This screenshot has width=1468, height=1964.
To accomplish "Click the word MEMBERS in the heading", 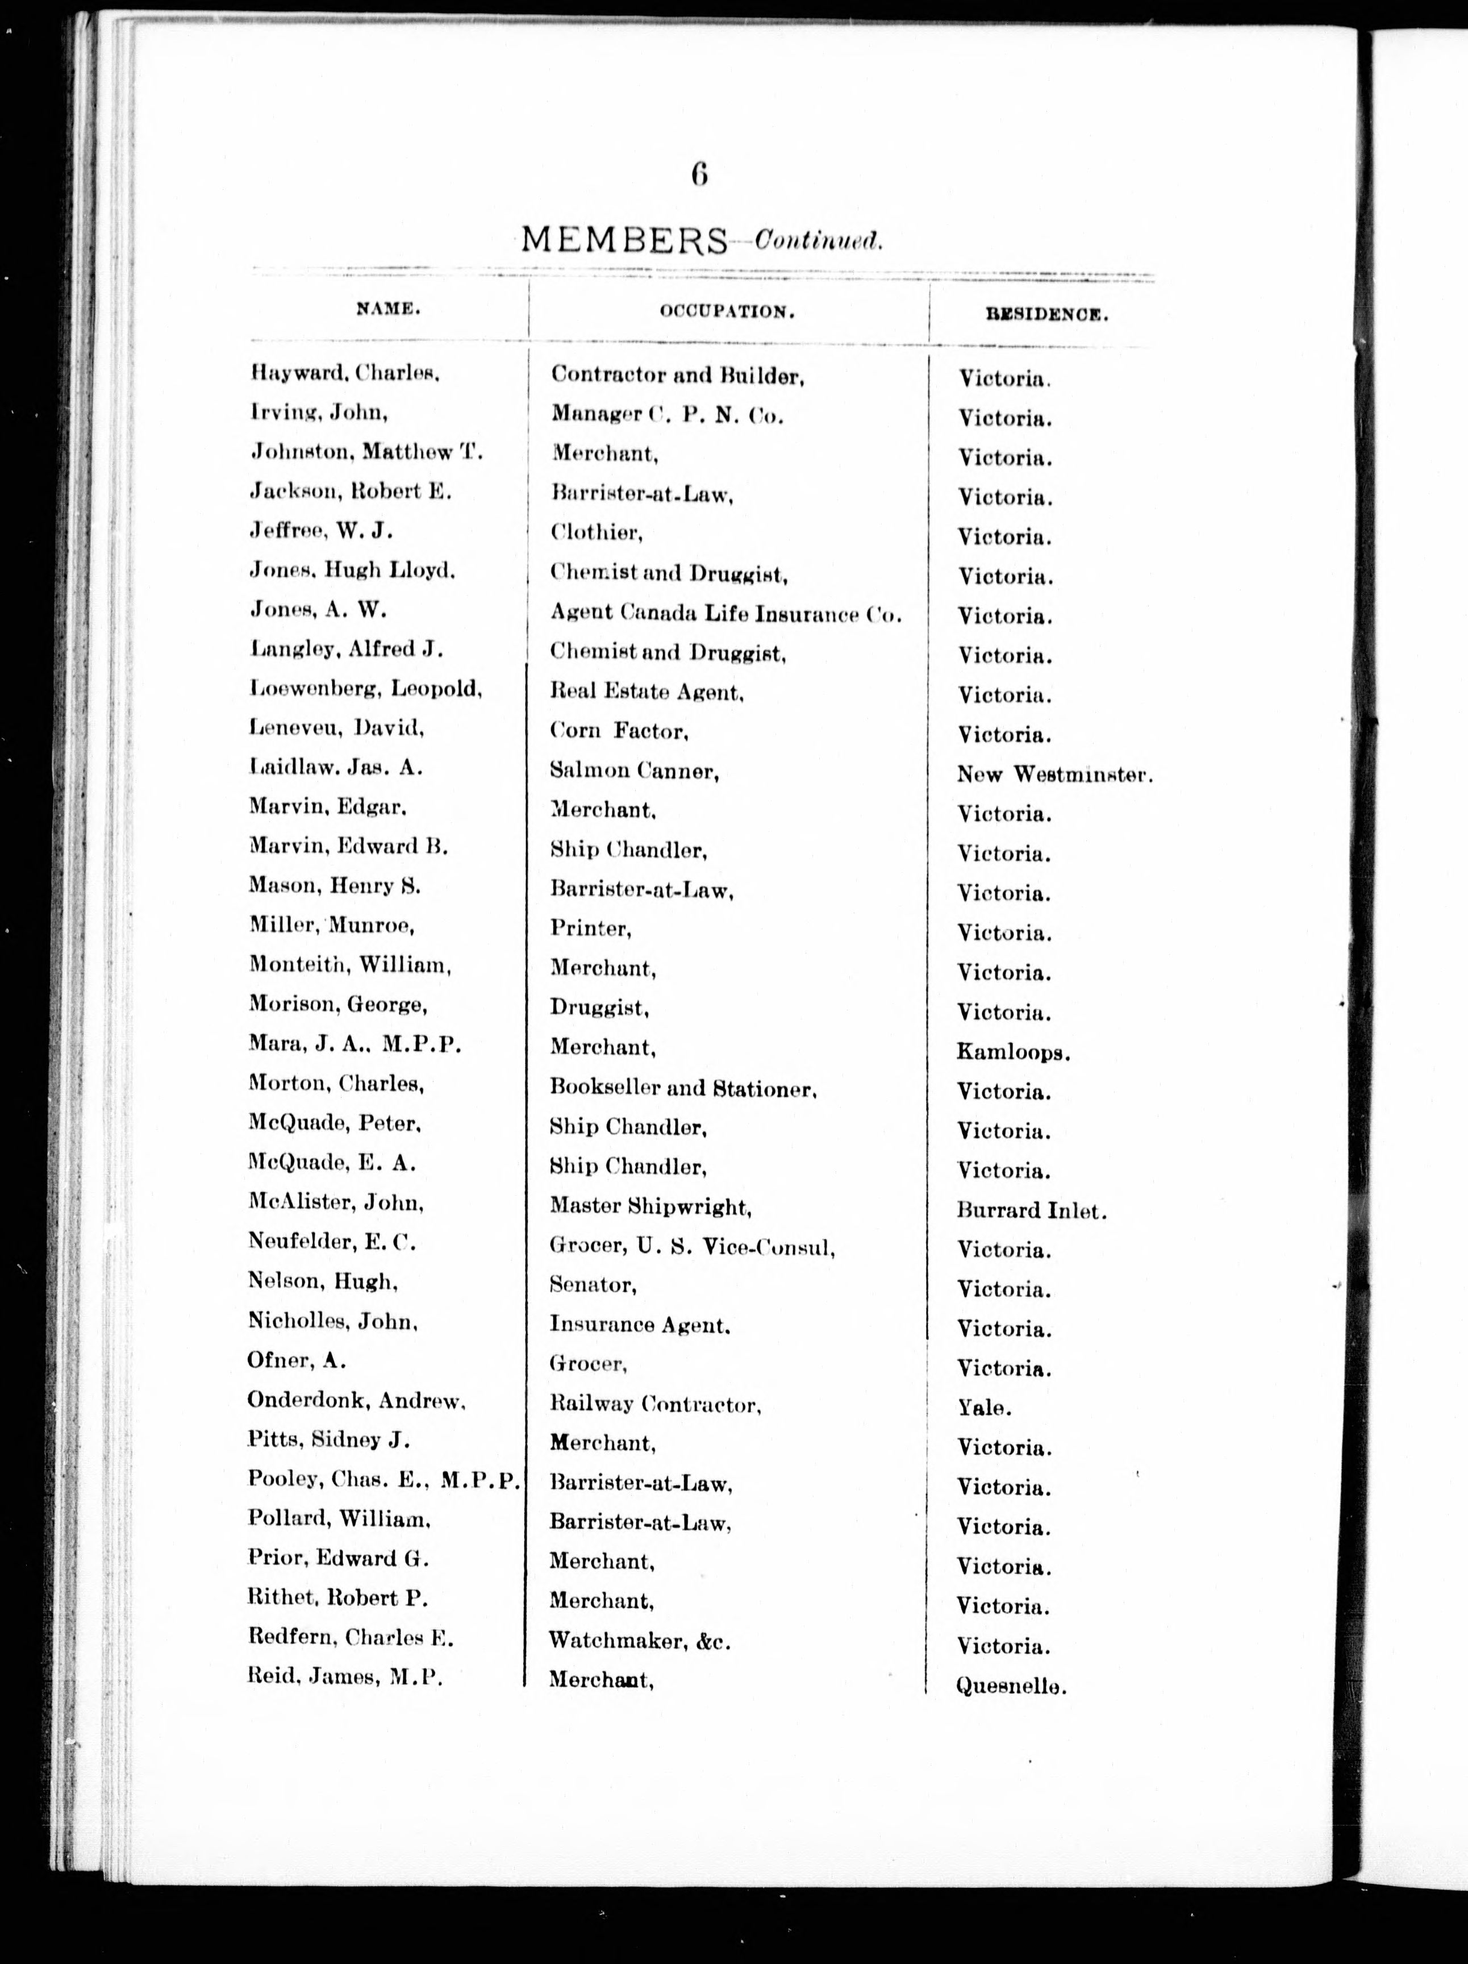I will click(623, 240).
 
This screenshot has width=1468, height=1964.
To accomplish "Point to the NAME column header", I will click(388, 309).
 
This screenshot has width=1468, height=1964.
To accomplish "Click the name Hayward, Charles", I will click(345, 374).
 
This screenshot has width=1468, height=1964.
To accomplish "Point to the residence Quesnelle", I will click(1010, 1685).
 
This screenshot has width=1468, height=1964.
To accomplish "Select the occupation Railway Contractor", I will click(655, 1405).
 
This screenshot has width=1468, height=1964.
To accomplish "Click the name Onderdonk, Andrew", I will click(357, 1400).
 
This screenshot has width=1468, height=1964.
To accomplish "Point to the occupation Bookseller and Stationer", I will click(682, 1088).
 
